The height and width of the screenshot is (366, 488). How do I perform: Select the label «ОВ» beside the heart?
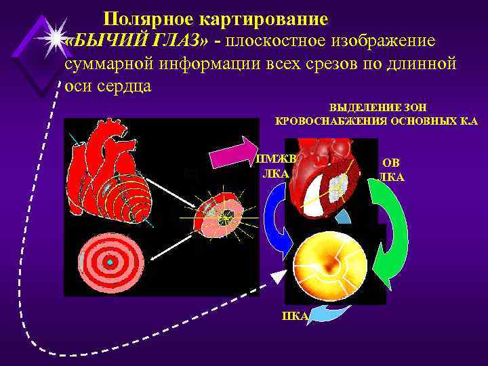[x=391, y=163]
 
